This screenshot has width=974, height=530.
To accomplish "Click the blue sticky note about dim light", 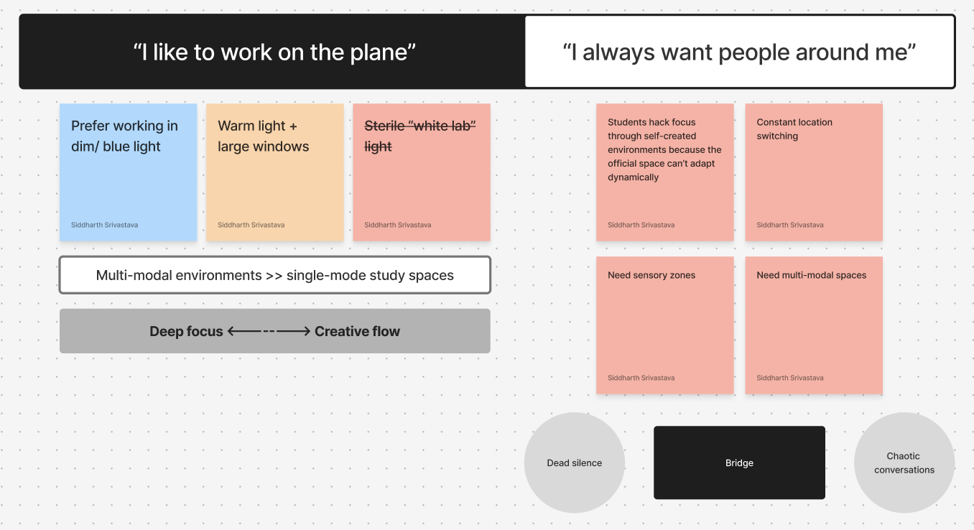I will pos(128,172).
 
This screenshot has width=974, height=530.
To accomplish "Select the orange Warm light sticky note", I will pos(274,172).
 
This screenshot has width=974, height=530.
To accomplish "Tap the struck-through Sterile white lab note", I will pos(421,172).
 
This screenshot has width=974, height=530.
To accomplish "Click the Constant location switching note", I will pos(814,172).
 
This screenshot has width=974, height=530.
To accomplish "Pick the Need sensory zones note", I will pos(664,325).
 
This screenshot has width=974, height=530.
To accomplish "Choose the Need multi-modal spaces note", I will pos(814,325).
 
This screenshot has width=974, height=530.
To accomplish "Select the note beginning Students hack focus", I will pos(664,172).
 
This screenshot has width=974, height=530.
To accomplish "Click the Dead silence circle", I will pos(575,462).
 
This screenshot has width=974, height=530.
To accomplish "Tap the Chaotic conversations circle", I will pos(904,462).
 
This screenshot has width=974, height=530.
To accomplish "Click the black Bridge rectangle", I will pos(739,462).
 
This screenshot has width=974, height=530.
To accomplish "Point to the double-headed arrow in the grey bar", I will pos(269,331).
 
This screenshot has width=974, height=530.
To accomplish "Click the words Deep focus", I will pos(186,331).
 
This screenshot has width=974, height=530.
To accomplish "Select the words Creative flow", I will pos(357,331).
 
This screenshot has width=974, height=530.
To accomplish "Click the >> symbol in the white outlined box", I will pos(274,275).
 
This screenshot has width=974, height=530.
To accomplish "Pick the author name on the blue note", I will pos(104,225).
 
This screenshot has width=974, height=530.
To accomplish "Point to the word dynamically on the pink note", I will pos(633,177).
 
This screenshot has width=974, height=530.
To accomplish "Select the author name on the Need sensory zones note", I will pos(641,378).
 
